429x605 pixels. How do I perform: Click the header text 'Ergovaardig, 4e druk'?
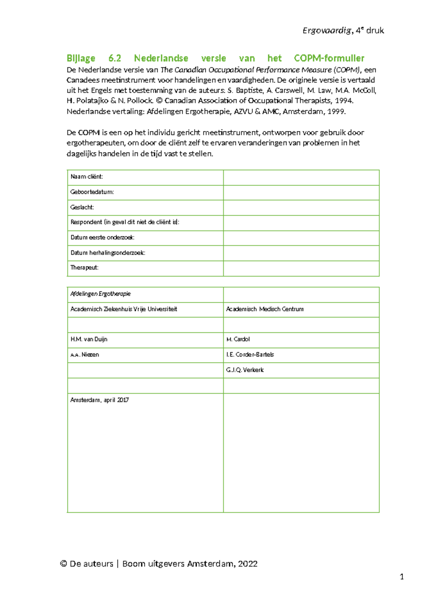pos(343,31)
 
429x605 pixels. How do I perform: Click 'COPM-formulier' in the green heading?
pos(329,58)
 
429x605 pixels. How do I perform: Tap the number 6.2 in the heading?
pos(115,58)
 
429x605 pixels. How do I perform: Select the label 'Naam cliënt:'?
pos(87,177)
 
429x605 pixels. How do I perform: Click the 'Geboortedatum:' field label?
pos(92,192)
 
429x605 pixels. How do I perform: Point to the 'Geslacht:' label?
pos(82,207)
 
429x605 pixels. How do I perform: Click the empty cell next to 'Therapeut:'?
pos(301,268)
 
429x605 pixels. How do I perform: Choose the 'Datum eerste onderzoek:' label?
pos(102,237)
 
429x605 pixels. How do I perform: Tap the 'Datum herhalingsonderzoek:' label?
pos(108,253)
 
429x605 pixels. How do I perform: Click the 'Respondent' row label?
pos(125,222)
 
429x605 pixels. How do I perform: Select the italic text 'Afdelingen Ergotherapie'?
pos(100,294)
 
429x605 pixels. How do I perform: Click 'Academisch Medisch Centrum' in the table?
pos(265,309)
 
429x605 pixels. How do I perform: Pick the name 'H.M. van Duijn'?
pos(89,339)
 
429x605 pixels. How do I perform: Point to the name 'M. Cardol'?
pos(238,339)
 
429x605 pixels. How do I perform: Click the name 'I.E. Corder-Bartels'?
pos(250,354)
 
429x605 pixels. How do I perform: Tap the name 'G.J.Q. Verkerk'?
pos(245,370)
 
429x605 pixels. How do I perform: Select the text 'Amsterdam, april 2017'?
pos(99,400)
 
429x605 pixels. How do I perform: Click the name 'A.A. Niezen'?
pos(85,355)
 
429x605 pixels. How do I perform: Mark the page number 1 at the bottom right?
pos(401,577)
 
